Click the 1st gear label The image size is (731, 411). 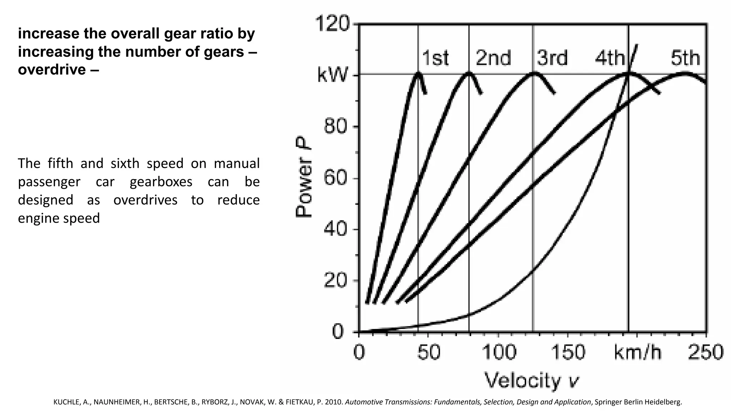click(x=435, y=58)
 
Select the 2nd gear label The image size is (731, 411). click(x=493, y=58)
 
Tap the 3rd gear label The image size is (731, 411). click(x=552, y=58)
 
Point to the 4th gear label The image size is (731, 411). click(x=610, y=58)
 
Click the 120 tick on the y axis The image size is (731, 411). click(x=332, y=25)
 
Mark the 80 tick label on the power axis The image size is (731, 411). click(x=335, y=127)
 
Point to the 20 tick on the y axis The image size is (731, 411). click(x=335, y=281)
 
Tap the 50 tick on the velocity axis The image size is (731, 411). click(x=429, y=352)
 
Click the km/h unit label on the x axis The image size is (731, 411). click(x=637, y=352)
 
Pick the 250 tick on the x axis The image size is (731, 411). click(x=705, y=352)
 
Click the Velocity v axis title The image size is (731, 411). click(x=531, y=381)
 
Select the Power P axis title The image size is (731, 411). click(x=304, y=177)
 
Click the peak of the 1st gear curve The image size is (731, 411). click(x=418, y=73)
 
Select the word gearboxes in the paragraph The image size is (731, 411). click(x=161, y=182)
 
